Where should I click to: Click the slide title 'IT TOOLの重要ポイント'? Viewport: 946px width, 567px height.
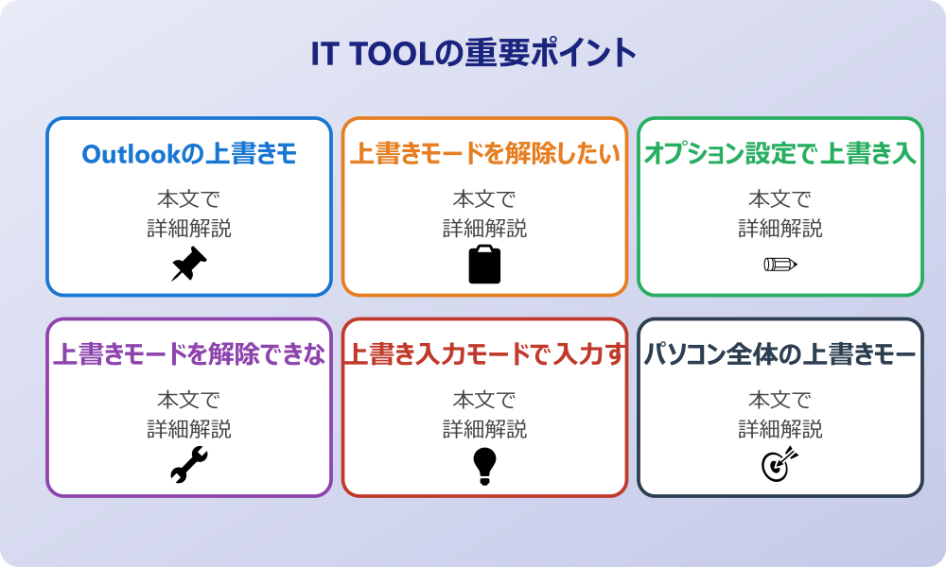coord(473,54)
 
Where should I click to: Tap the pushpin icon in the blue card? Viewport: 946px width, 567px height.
coord(188,265)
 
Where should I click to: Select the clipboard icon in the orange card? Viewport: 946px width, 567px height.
coord(484,265)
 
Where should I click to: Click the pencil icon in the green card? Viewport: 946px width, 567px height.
coord(780,265)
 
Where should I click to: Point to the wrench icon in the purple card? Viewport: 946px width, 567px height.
coord(188,466)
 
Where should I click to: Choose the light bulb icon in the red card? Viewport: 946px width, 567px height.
coord(484,466)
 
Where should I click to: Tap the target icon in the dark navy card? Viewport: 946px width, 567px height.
coord(780,465)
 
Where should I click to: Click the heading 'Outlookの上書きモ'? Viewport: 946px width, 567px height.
coord(189,154)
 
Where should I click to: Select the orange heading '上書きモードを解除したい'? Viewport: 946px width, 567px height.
coord(484,154)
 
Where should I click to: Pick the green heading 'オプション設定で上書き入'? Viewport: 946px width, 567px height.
coord(780,154)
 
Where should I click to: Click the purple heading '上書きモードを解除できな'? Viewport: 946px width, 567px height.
coord(189,355)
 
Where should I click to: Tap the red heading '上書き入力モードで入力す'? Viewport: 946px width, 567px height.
coord(484,355)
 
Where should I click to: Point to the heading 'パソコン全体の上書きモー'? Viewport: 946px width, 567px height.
coord(780,355)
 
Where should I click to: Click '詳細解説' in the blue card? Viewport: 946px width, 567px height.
coord(189,228)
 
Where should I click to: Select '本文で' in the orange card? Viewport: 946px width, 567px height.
coord(484,199)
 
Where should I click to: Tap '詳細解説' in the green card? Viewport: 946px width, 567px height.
coord(780,228)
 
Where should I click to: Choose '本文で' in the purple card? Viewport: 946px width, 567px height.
coord(189,401)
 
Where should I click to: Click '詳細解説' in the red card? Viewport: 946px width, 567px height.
coord(484,429)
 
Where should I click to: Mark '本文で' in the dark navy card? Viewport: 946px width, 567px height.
coord(780,401)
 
